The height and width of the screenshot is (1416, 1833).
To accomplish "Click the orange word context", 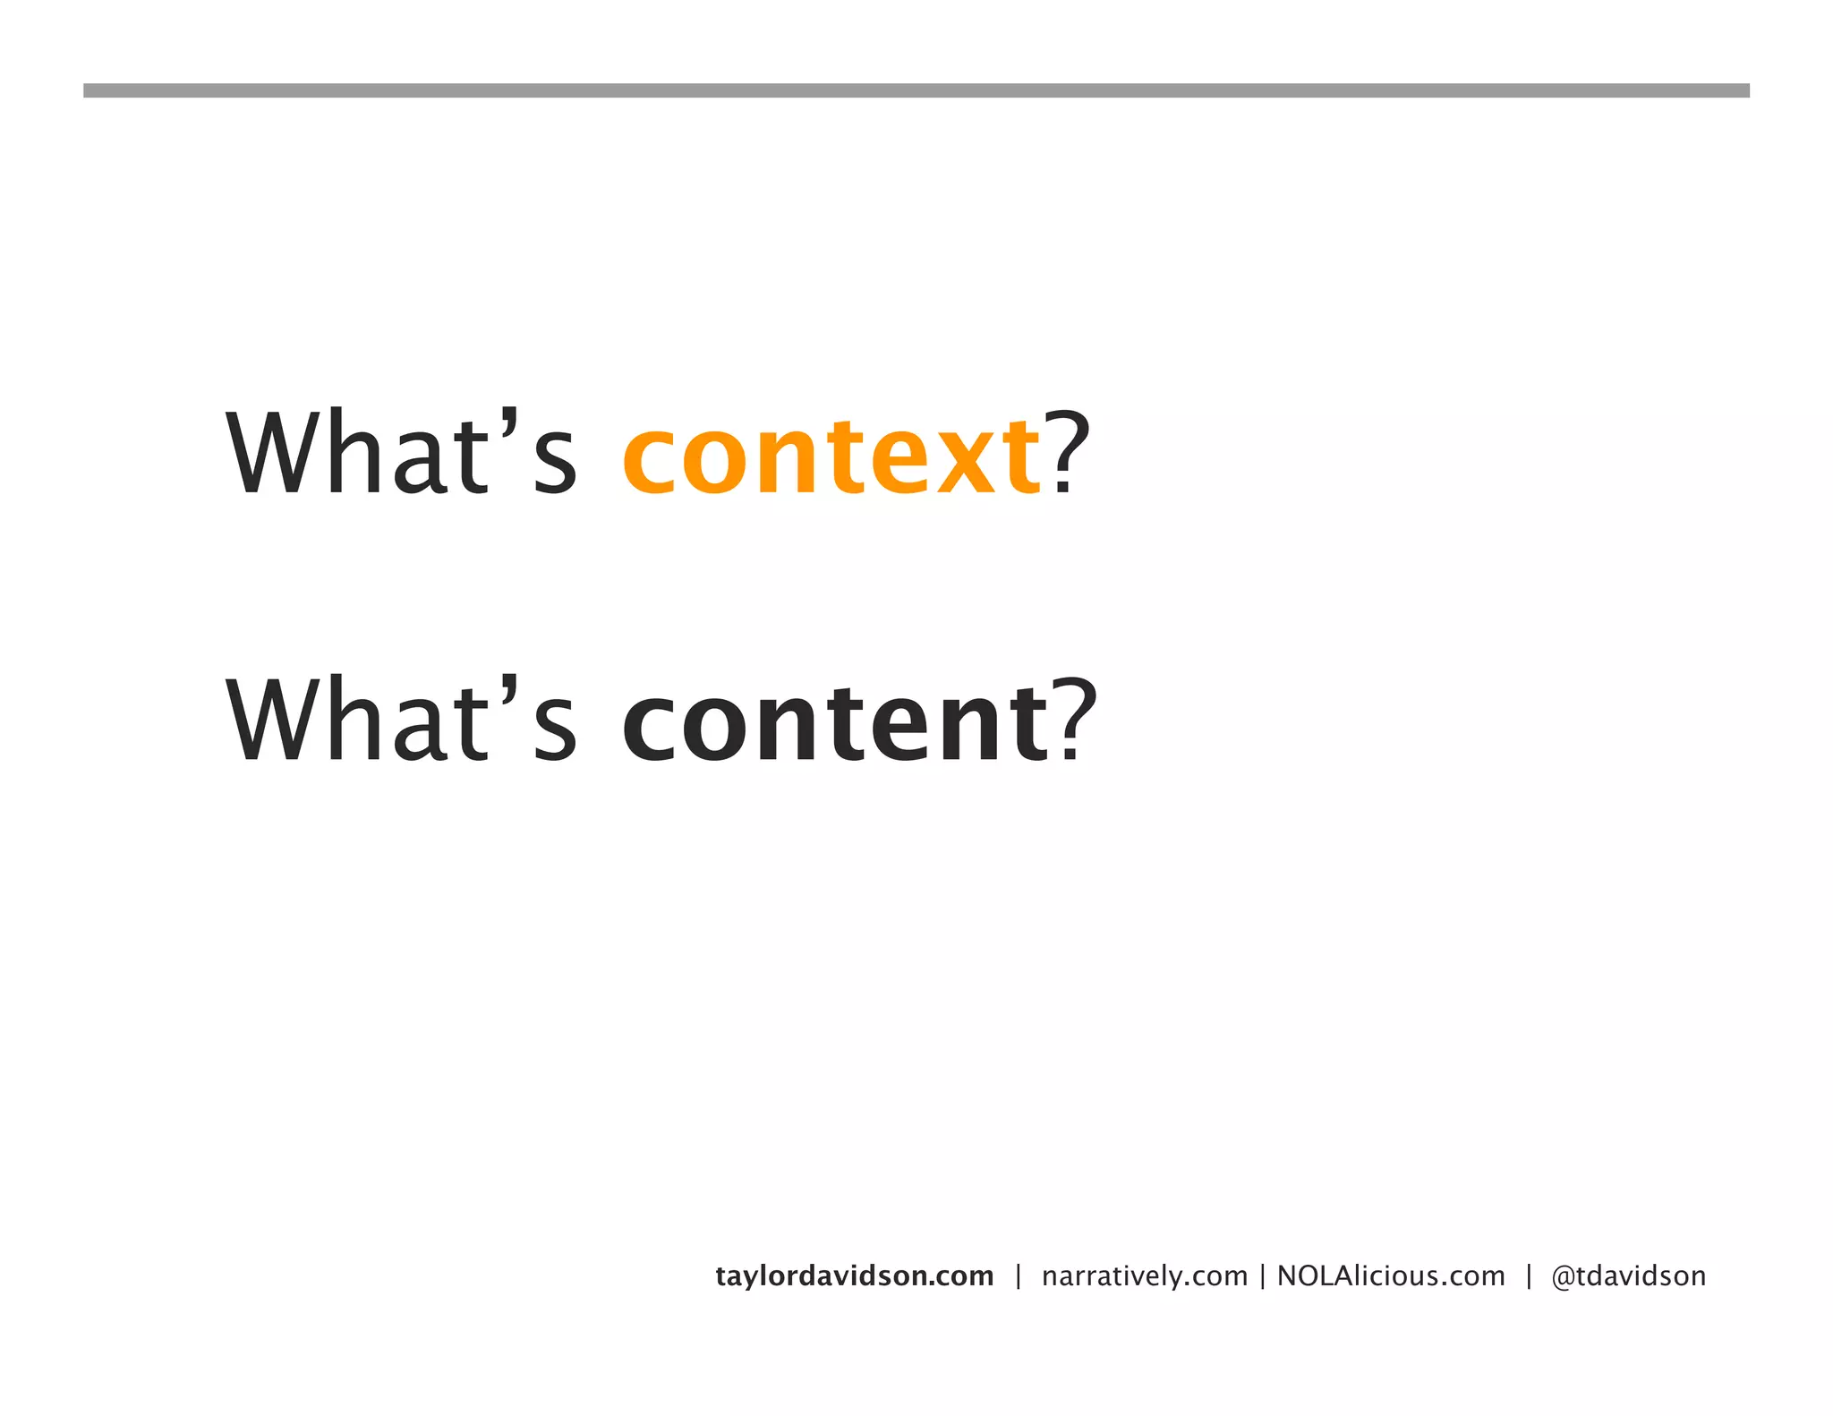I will (x=831, y=456).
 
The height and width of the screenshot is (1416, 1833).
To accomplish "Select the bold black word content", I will (x=834, y=723).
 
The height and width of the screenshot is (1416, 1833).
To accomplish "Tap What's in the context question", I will (x=401, y=452).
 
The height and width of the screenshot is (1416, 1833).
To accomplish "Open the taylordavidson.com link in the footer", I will (x=854, y=1275).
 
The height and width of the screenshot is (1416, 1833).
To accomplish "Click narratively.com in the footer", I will (x=1144, y=1275).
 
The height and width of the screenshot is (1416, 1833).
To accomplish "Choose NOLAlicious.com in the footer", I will (x=1391, y=1275).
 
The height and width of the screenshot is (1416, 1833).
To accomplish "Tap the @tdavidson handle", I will (x=1628, y=1275).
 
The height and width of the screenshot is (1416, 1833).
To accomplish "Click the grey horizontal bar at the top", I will (x=916, y=90).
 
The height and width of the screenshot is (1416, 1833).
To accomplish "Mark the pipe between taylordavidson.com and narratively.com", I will (x=1018, y=1276).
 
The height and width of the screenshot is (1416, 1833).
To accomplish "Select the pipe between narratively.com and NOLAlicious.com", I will (x=1262, y=1276).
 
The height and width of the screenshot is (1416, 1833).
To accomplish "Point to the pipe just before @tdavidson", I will (x=1529, y=1276).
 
